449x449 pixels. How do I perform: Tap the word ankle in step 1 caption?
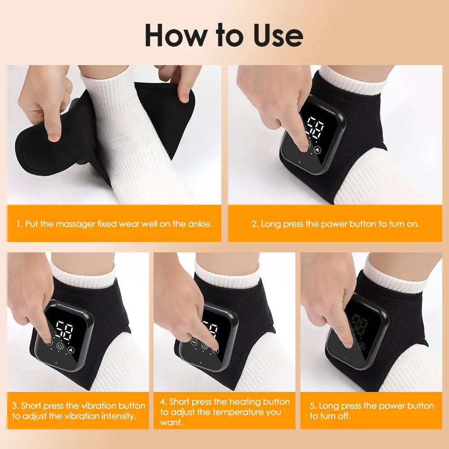coord(198,224)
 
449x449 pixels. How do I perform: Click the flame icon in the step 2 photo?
coord(318,150)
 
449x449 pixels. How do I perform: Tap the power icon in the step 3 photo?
coord(60,346)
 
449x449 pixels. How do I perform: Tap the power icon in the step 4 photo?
coord(205,346)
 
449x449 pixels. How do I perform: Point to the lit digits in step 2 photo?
coord(314,129)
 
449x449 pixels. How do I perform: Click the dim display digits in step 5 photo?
coord(359,326)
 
